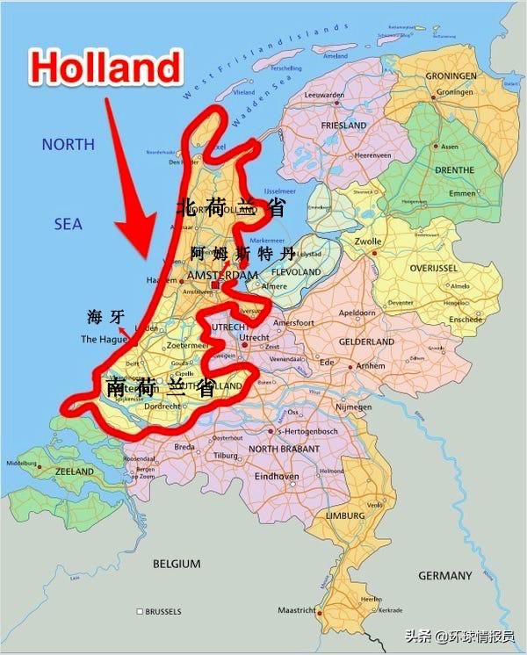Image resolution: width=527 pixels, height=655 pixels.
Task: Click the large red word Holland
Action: click(105, 66)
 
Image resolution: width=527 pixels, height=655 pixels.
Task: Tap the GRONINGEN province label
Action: click(451, 76)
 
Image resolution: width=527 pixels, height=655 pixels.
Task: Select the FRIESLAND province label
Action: click(343, 126)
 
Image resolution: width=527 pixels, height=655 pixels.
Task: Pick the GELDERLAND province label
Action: click(366, 341)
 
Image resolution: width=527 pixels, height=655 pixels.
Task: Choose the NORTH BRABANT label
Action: click(283, 449)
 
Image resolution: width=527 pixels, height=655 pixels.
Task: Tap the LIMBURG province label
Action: click(343, 515)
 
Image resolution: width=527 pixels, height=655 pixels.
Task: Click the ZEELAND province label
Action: click(74, 471)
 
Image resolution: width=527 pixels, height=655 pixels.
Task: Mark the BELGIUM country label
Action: click(177, 563)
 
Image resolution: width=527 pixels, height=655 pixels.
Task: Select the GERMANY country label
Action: click(445, 576)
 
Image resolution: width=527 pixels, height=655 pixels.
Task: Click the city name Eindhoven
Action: click(275, 477)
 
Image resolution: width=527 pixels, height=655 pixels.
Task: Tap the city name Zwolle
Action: click(368, 241)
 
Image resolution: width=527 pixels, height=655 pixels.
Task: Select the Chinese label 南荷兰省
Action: click(160, 387)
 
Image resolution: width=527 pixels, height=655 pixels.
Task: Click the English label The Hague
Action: click(104, 339)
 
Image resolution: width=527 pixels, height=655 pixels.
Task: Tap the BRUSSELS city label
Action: click(163, 610)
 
